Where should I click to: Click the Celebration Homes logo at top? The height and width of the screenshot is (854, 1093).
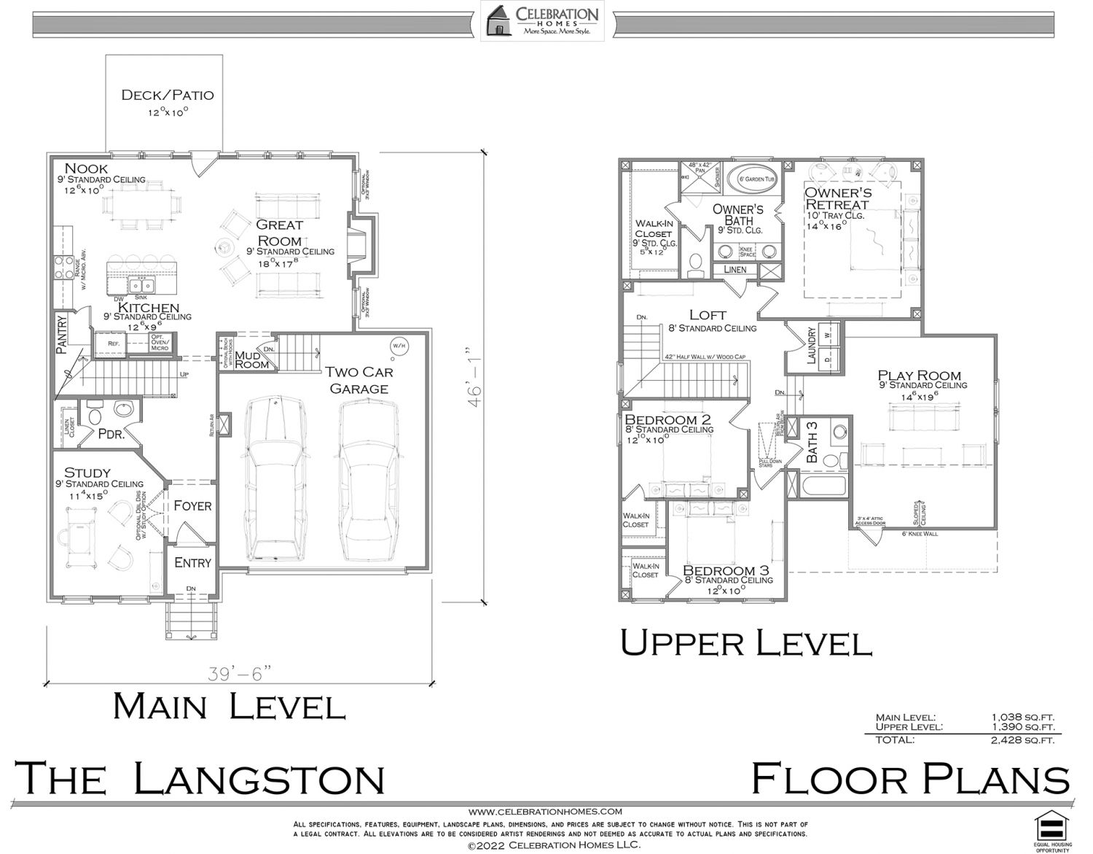click(541, 20)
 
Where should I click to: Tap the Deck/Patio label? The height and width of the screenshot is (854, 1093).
click(167, 95)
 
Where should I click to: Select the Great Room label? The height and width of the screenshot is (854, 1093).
click(279, 233)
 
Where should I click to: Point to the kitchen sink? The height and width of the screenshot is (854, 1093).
click(142, 284)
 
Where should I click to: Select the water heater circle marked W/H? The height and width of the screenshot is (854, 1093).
click(399, 345)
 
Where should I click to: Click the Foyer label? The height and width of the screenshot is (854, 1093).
click(192, 505)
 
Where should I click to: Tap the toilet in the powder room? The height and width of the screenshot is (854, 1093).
click(93, 416)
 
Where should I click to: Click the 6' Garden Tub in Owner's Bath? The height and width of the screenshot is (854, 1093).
click(758, 179)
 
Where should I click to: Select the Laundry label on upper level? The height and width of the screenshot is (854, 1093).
click(811, 346)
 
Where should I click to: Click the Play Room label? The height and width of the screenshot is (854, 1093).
click(919, 376)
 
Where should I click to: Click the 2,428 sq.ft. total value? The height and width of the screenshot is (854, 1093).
click(1022, 740)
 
